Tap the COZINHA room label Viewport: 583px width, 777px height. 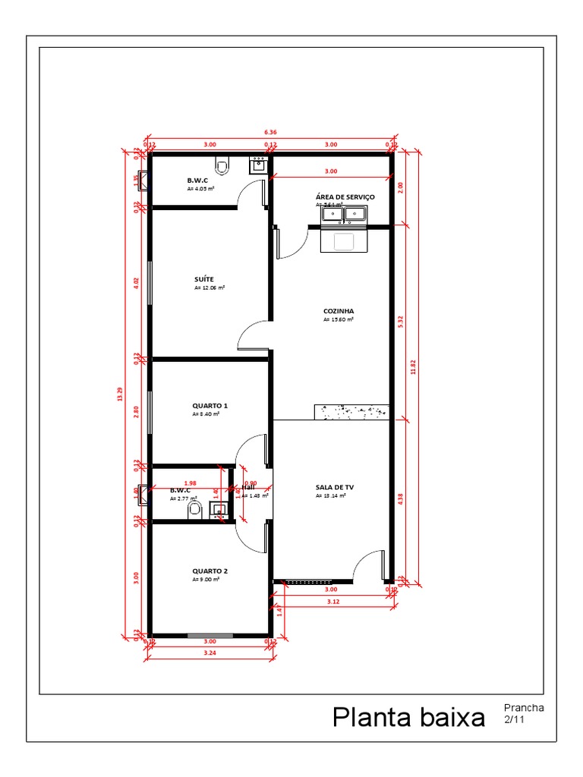[x=339, y=311]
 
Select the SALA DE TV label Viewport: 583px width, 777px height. [x=335, y=487]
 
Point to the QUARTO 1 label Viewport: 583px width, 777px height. [x=210, y=406]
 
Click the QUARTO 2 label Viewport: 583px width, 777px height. [x=210, y=571]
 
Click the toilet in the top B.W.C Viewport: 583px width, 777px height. [x=222, y=164]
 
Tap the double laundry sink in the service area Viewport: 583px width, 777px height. [x=345, y=215]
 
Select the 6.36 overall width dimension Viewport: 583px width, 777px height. [x=270, y=132]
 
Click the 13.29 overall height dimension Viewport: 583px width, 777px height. [x=119, y=394]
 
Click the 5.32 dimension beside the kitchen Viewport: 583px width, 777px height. [x=400, y=322]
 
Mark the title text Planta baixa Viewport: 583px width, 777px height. [x=408, y=717]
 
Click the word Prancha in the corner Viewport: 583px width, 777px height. [x=523, y=708]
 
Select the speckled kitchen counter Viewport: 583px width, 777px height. [x=351, y=411]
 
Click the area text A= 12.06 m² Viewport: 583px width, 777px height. [x=209, y=288]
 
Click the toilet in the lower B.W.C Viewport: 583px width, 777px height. [x=194, y=508]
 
